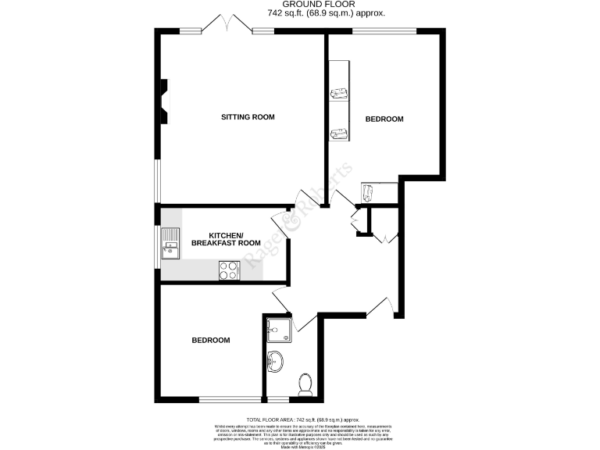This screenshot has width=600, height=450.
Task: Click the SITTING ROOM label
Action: click(248, 117)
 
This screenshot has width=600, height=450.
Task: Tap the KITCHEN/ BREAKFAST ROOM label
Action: click(226, 239)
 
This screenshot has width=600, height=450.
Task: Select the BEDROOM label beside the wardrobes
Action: click(384, 119)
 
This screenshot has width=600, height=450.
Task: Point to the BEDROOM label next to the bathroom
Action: click(211, 341)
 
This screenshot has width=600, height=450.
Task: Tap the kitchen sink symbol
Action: click(170, 243)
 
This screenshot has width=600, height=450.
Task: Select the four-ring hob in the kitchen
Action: click(229, 270)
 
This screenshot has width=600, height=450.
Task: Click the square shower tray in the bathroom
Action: click(279, 330)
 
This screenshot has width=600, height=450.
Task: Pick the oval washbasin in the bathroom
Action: click(276, 361)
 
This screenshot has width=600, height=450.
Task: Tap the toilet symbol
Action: click(305, 383)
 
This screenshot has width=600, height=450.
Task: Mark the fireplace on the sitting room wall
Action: click(164, 101)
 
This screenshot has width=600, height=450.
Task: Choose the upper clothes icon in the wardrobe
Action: click(339, 94)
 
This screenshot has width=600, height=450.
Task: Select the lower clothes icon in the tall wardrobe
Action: click(339, 134)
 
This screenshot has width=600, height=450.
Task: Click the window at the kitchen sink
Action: click(157, 245)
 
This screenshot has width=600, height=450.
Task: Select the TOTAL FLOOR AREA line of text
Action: click(302, 420)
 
